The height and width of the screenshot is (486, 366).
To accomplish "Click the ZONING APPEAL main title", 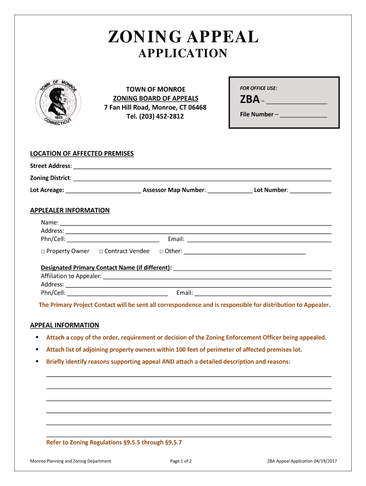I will point(183,37).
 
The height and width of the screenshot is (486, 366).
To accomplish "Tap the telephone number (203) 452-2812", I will point(155,116).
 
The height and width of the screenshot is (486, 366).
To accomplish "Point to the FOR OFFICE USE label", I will point(259,88).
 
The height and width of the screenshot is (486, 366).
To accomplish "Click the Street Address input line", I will point(202,167).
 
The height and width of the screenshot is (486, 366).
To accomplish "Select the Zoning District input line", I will point(202,178).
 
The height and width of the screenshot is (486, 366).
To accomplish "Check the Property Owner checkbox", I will point(43,252).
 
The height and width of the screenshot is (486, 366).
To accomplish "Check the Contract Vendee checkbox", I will point(101,252).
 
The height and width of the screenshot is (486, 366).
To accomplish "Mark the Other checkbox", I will point(161,252).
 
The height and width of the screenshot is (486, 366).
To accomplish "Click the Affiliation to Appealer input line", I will point(217,277).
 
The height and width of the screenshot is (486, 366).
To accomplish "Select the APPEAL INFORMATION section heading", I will point(65,325).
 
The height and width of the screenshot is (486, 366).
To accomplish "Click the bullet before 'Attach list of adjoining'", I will point(36,349).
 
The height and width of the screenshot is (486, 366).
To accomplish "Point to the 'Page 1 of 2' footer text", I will point(181,461).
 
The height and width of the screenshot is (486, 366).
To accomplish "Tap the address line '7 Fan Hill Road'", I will point(155,107).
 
